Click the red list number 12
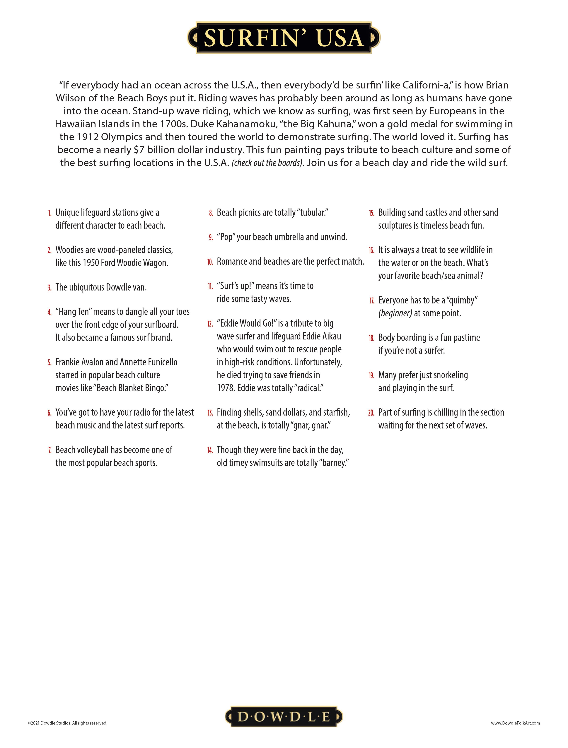210,324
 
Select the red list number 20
371,413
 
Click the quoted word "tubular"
313,213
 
